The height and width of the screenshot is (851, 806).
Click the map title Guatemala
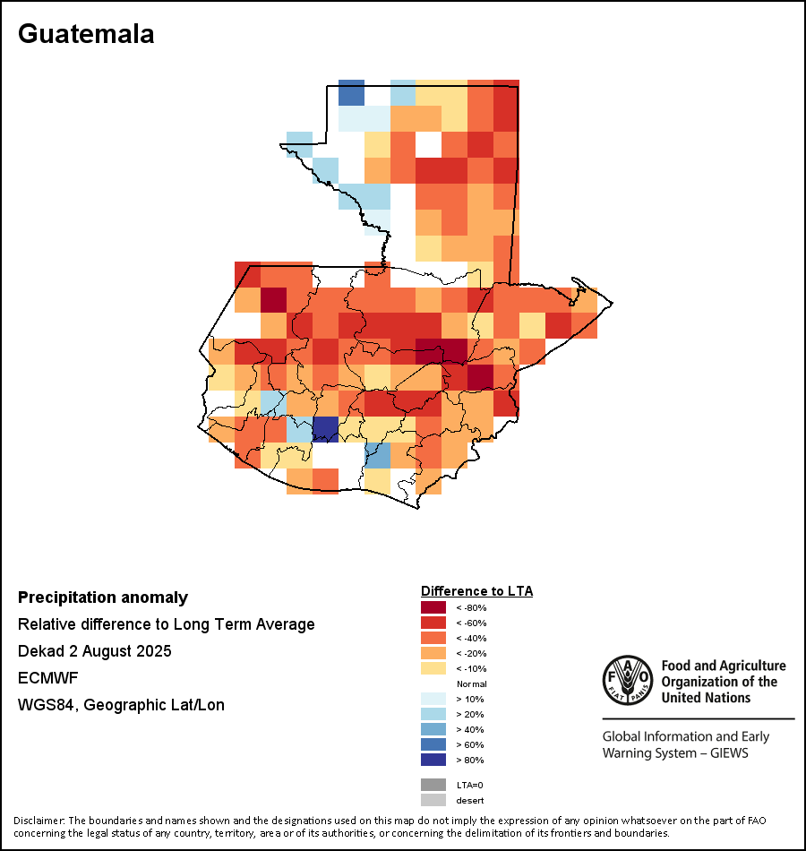click(86, 34)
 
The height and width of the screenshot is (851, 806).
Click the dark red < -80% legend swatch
click(433, 607)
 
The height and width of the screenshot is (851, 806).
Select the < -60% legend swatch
click(433, 623)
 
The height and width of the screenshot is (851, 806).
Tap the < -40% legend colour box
click(433, 638)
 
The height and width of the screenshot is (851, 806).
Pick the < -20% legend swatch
click(433, 653)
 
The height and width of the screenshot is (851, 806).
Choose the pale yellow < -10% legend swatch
click(433, 668)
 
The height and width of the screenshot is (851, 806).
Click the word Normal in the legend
click(471, 683)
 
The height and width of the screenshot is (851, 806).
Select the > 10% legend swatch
click(433, 699)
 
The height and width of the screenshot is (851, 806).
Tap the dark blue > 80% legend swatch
click(433, 760)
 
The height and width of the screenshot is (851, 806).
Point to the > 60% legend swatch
click(433, 744)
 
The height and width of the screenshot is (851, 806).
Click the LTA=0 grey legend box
click(433, 785)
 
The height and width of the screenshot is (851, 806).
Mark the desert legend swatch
click(433, 800)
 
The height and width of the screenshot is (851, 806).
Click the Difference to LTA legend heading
click(476, 591)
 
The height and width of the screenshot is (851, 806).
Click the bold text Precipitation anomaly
click(103, 597)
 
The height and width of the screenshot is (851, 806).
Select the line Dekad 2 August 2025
click(94, 650)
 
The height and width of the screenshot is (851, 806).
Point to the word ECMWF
click(45, 677)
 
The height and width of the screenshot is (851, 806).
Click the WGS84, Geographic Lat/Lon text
click(121, 705)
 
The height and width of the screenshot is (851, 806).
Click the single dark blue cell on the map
click(325, 429)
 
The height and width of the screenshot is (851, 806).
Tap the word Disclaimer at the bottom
click(39, 821)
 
